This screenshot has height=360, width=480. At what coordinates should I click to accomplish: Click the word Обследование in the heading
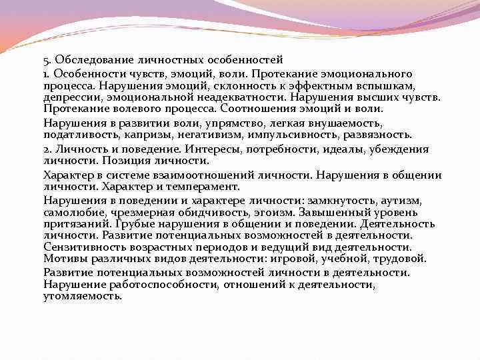91,61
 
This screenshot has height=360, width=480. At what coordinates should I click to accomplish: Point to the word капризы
143,134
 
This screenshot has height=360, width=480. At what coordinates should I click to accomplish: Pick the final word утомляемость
83,296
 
